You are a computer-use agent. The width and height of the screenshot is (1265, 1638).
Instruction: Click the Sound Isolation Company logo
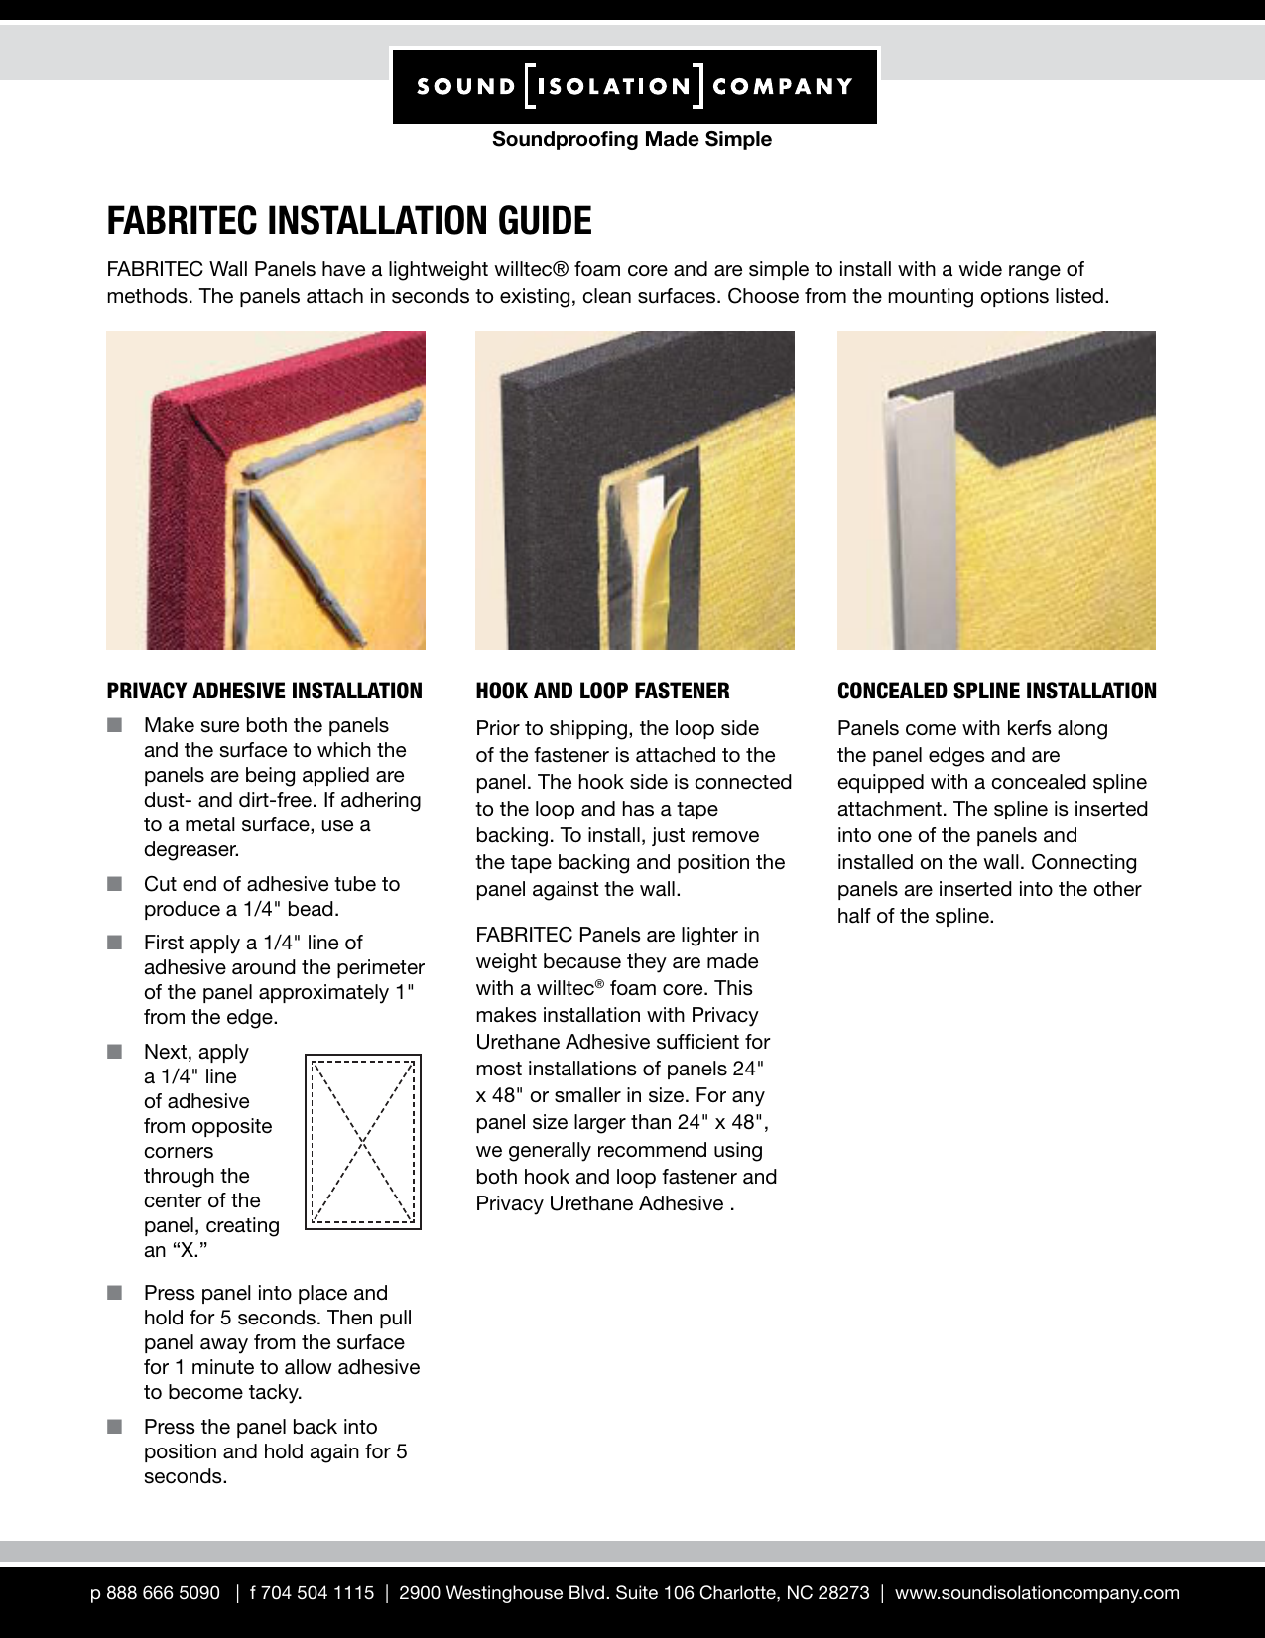[x=634, y=86]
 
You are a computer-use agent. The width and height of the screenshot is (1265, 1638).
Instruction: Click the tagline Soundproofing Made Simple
[x=632, y=140]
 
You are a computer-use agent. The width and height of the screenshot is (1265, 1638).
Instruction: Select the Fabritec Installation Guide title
[x=349, y=221]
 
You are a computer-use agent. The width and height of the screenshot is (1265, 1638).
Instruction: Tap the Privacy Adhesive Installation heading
[x=265, y=691]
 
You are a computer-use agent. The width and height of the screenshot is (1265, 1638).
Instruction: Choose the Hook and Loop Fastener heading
[x=602, y=691]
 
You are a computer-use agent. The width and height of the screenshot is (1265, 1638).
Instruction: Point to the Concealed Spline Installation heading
[x=996, y=691]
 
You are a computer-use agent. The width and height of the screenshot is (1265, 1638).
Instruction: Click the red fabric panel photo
[x=265, y=490]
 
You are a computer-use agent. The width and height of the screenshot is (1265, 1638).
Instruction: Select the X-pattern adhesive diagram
[x=362, y=1141]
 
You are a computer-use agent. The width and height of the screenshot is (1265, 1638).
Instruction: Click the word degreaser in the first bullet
[x=191, y=849]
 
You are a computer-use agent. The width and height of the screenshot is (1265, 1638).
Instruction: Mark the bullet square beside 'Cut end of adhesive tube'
[x=114, y=884]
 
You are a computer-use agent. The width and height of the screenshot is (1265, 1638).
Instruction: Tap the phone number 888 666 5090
[x=163, y=1592]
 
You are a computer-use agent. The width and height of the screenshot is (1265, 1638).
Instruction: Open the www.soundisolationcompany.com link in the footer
[x=1037, y=1592]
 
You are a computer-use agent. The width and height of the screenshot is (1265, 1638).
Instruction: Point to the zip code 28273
[x=843, y=1592]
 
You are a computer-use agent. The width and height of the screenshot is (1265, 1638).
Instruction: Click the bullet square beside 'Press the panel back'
[x=114, y=1427]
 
